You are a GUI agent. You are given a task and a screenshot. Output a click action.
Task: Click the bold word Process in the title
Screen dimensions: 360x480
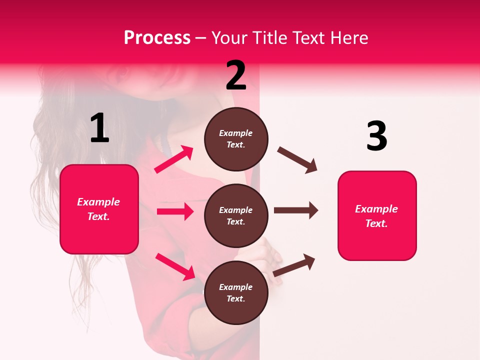pos(157,37)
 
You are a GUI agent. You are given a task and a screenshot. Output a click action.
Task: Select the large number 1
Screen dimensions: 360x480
pos(99,128)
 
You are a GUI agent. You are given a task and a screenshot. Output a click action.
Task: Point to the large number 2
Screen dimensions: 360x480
pos(236,75)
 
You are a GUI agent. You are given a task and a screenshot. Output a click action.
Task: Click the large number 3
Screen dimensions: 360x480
pos(376,136)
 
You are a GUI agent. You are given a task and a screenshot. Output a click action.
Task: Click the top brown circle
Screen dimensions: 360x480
pos(236,139)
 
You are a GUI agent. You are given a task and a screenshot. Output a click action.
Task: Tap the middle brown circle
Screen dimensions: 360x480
pos(236,216)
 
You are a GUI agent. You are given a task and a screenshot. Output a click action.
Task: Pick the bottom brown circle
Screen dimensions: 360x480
pos(236,293)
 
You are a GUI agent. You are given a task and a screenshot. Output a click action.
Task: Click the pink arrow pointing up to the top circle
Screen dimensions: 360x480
pos(174,159)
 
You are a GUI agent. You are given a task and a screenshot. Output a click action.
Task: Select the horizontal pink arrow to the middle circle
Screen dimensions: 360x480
pos(175,211)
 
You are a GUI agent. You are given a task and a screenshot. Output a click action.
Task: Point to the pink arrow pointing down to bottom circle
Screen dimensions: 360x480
pos(175,266)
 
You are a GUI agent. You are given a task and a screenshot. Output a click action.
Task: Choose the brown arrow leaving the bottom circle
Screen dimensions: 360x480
pos(294,265)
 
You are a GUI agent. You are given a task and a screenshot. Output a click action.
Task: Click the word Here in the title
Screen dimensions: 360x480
pos(349,37)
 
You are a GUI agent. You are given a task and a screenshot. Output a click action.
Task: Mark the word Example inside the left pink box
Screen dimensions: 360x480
pos(98,202)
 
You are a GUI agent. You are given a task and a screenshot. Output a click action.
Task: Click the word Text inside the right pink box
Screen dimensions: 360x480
pos(376,223)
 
